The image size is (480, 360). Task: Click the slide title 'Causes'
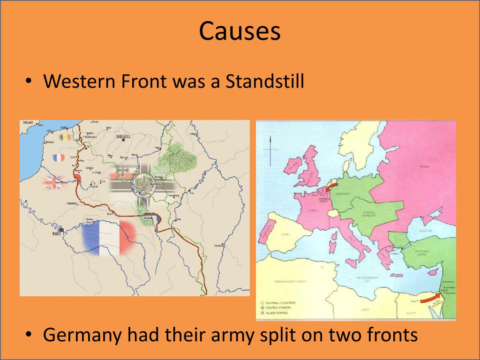tap(240, 31)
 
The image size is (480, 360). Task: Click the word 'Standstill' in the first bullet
tap(265, 81)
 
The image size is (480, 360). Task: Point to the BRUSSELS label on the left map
tap(123, 136)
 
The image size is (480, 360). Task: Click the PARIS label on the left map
tap(57, 233)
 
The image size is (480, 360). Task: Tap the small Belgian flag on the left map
tap(65, 138)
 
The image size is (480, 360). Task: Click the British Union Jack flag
tap(55, 182)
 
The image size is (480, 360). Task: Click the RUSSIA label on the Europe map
tap(424, 166)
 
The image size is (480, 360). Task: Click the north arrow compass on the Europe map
tap(270, 150)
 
